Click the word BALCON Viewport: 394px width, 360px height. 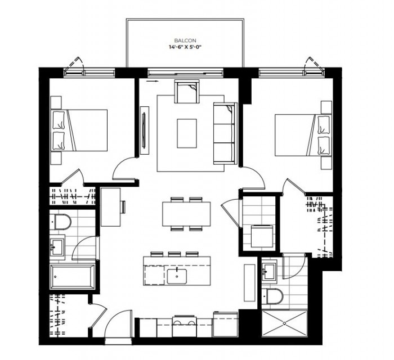click(185, 40)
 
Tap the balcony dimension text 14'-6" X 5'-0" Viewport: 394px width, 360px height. click(185, 47)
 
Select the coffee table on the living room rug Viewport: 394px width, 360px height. click(187, 133)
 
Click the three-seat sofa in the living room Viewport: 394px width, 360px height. click(225, 133)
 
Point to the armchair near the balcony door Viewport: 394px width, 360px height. click(187, 91)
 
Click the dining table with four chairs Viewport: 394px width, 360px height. click(186, 214)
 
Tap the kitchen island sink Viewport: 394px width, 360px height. click(177, 276)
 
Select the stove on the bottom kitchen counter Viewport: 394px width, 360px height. click(185, 326)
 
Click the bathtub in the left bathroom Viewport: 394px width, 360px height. click(73, 276)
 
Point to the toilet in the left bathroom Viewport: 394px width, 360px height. click(61, 222)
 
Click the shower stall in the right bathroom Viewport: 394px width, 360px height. click(284, 323)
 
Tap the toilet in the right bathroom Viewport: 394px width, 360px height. click(272, 296)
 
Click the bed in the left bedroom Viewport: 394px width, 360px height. click(79, 130)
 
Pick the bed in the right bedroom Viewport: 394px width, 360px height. click(303, 135)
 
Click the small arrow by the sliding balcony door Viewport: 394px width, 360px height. click(152, 81)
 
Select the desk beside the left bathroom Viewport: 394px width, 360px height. click(111, 207)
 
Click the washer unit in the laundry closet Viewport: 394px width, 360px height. click(262, 236)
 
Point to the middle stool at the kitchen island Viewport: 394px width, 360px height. click(174, 254)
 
